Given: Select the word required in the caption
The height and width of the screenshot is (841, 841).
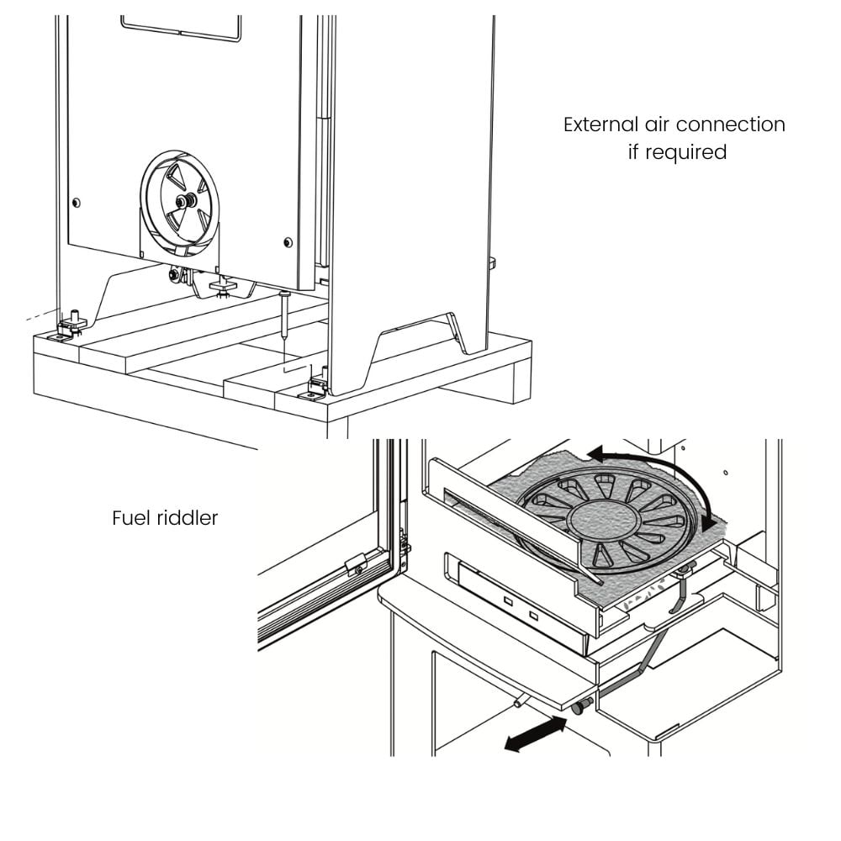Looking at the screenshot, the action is pos(686,153).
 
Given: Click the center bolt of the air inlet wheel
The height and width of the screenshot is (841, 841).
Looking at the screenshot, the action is pos(186,201).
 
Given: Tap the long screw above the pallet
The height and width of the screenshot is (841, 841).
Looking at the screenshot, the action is pos(283,314).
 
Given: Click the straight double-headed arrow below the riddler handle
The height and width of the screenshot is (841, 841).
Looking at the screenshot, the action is pos(535,734).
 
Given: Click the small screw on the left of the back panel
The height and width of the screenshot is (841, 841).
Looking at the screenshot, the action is pos(77,203).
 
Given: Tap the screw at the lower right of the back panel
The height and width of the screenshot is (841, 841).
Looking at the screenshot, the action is pos(288,242).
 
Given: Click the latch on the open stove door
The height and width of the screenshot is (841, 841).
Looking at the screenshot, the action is pos(355,564).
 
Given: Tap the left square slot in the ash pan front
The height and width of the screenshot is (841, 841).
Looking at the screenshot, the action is pos(508,601).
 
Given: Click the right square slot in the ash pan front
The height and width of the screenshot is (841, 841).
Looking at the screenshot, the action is pos(533,616).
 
